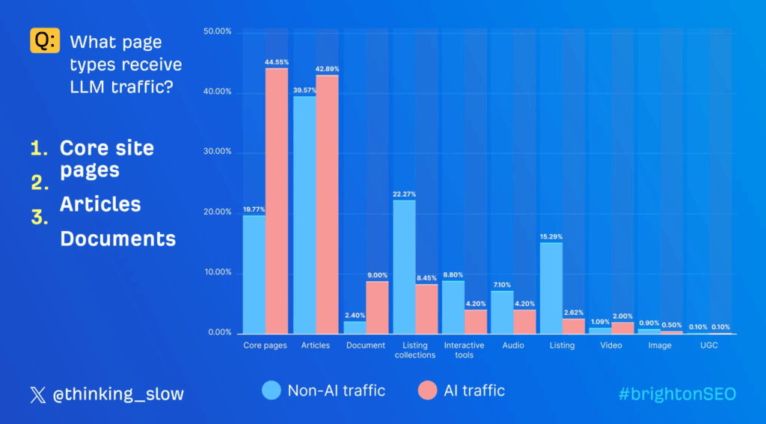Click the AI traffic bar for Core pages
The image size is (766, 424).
click(277, 201)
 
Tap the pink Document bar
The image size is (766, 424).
click(377, 307)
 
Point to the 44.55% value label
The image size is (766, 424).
click(277, 62)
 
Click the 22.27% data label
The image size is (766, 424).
click(404, 194)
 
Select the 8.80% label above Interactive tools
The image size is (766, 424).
click(453, 274)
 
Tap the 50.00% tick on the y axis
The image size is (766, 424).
click(218, 32)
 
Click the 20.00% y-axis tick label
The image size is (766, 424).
click(218, 212)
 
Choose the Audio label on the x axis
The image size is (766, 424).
click(513, 345)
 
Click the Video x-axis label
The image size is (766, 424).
click(612, 345)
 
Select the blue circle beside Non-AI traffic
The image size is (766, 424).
click(272, 390)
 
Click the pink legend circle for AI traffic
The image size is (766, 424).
click(427, 390)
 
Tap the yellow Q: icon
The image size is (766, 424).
click(44, 40)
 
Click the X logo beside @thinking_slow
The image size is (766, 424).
click(37, 394)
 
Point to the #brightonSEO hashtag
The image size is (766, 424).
click(677, 394)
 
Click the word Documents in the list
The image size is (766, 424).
click(118, 239)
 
